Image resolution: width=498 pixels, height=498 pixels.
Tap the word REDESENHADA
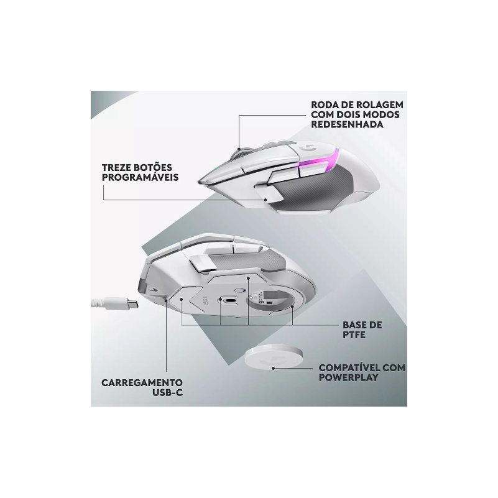click(x=347, y=124)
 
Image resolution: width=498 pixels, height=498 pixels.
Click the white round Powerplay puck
click(x=272, y=358)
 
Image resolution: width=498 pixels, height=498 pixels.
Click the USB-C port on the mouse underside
click(x=230, y=301)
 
